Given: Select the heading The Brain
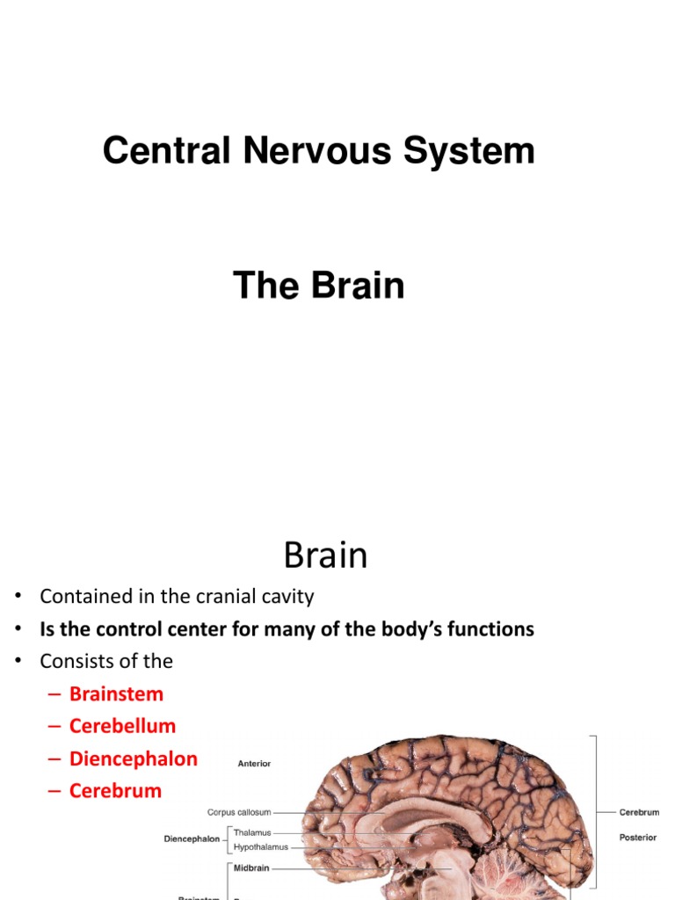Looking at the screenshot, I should point(318,286).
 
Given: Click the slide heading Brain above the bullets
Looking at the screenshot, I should point(325,555).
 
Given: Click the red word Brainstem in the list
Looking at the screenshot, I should point(117,693).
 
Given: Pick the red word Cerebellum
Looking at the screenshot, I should point(123,726).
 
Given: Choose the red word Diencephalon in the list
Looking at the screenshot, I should point(134,758).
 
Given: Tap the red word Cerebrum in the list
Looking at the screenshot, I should point(116,791).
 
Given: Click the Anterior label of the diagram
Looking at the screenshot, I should point(255,764).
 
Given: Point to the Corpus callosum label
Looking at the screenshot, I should point(239,813).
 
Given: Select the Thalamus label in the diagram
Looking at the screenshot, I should point(252,832).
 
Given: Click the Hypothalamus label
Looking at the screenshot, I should point(260,847).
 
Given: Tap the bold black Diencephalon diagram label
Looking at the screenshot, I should point(192,839).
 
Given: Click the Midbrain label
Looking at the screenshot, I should point(251,867).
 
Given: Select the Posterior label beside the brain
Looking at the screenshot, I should point(637,838).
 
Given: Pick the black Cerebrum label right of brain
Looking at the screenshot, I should point(639,813).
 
